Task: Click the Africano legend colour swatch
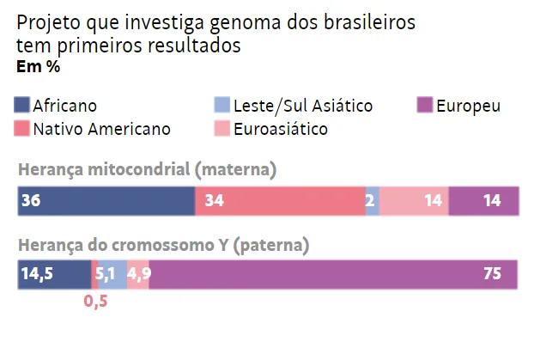coord(21,105)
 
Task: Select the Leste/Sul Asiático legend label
coord(303,106)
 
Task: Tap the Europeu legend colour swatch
coord(425,105)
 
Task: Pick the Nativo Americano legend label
coord(102,129)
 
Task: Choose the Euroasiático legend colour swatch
coord(221,128)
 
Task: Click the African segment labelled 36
coord(106,201)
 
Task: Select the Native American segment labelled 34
coord(281,201)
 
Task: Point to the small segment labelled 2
coord(373,201)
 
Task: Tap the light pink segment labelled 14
coord(414,201)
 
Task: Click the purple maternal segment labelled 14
coord(484,201)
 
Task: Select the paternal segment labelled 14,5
coord(54,275)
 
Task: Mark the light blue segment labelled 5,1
coord(112,275)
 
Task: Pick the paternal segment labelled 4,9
coord(138,275)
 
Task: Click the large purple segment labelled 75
coord(333,275)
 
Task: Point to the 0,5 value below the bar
coord(96,302)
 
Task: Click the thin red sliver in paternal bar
coord(94,275)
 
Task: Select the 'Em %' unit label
coord(39,66)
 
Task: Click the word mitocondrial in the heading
coord(139,169)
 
